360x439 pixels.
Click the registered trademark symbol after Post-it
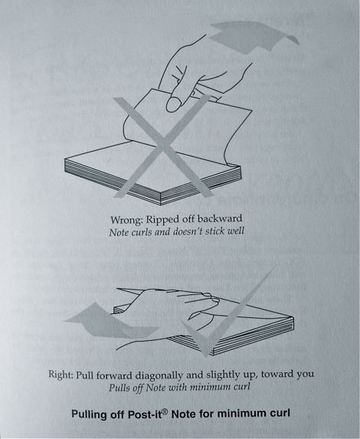coord(165,411)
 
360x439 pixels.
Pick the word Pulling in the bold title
coord(90,414)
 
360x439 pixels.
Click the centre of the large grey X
coord(163,146)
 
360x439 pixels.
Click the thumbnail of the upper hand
coord(174,104)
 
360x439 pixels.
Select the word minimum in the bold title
coord(241,414)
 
